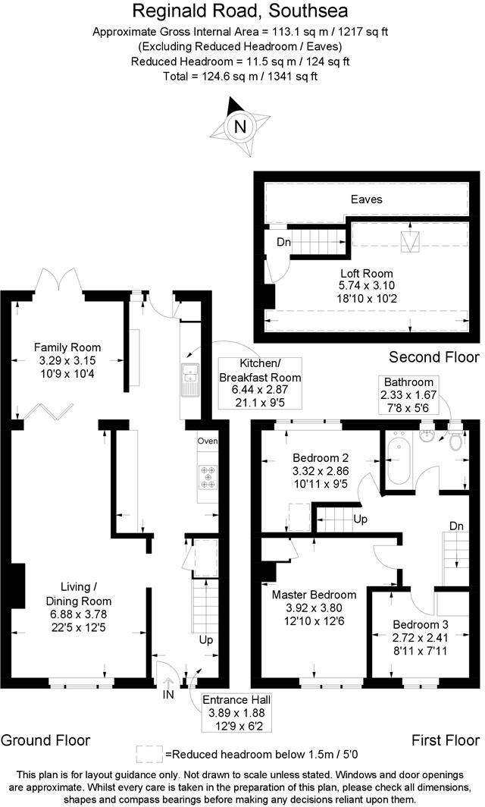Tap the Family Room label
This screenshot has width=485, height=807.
coord(67,348)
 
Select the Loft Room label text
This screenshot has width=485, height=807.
coord(366,273)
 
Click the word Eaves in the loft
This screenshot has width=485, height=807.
coord(366,199)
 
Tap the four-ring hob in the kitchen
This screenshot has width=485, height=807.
coord(207,477)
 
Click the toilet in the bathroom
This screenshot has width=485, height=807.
coord(456,441)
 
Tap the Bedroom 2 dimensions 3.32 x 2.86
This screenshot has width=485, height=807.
coord(320,471)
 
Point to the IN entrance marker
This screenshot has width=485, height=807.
coord(167,693)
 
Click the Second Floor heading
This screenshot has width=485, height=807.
coord(433,356)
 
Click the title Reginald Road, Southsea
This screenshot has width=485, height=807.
coord(242,11)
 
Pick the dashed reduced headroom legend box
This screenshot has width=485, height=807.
coord(149,753)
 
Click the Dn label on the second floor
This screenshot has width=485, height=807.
coord(284,242)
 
